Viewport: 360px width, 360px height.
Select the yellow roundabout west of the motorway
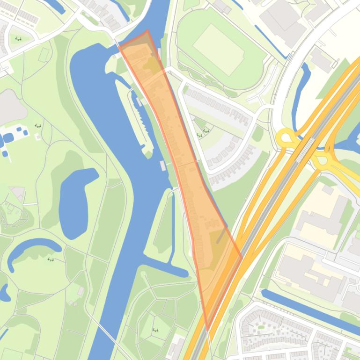click(x=286, y=139)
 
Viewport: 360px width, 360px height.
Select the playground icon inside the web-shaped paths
click(x=155, y=331)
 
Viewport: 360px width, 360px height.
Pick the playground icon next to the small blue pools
click(x=37, y=126)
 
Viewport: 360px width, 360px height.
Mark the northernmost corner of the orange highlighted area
click(x=147, y=31)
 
